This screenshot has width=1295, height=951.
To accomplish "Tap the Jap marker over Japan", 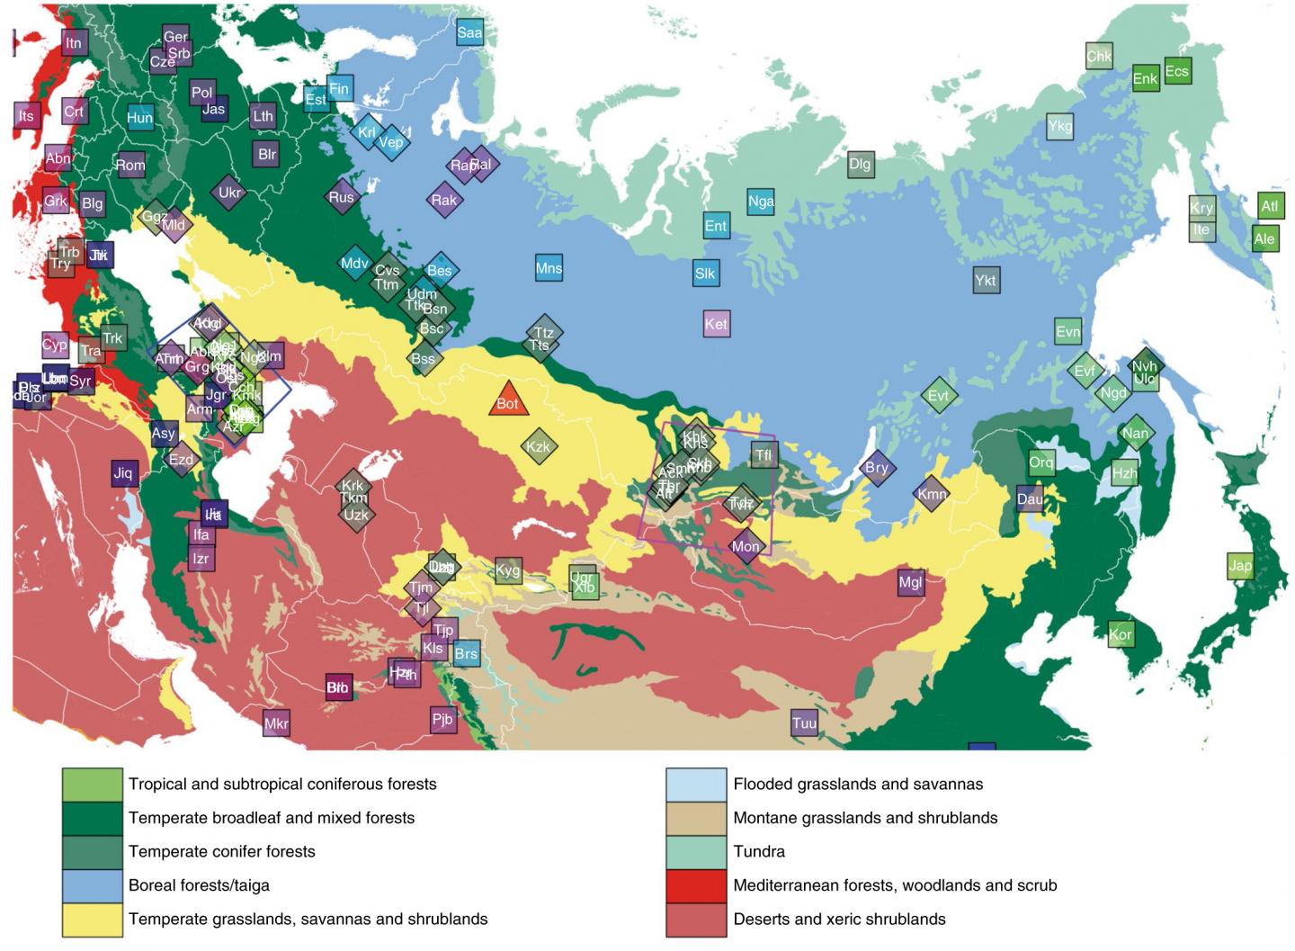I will (1240, 566).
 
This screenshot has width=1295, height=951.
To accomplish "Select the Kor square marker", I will (1121, 634).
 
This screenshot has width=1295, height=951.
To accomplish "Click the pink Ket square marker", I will (716, 324).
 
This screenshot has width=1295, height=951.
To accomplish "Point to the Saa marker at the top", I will (469, 33).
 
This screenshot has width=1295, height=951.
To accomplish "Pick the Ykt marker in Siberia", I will (986, 281).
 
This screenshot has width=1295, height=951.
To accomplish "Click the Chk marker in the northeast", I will (1099, 56).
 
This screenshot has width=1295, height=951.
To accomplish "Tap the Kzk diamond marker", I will (538, 447).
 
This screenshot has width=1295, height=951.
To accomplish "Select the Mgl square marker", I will (911, 582).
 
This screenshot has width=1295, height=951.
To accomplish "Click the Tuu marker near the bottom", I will (804, 723).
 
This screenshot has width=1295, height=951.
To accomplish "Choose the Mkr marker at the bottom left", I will (276, 723).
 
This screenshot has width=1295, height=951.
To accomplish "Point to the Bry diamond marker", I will (876, 468).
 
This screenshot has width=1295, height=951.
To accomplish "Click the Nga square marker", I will (761, 202).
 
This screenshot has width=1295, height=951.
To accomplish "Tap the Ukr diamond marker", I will (230, 193).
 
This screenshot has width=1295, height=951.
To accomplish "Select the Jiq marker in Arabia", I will (123, 473).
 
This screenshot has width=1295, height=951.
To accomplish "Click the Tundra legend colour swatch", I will (696, 851).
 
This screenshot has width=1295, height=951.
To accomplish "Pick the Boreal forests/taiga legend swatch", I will (92, 885).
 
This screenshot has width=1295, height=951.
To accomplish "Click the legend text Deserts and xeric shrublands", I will (839, 919).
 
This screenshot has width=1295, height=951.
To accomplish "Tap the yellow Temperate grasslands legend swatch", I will (92, 919).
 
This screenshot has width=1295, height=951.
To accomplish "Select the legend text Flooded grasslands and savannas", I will (858, 784).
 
